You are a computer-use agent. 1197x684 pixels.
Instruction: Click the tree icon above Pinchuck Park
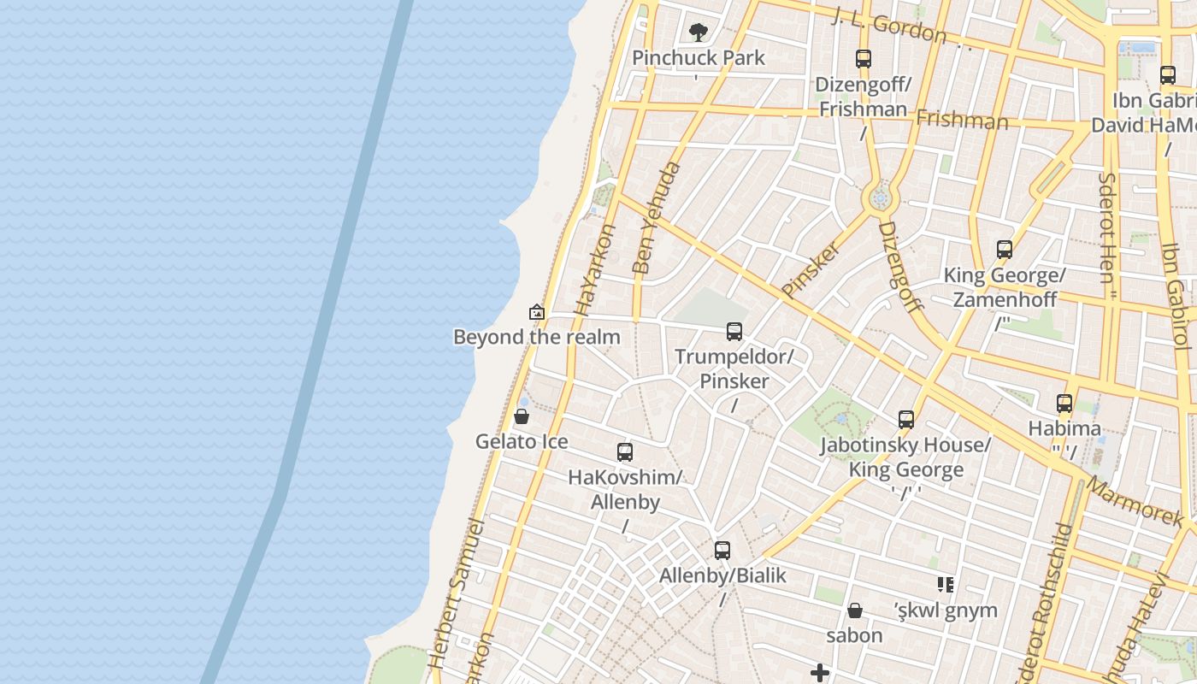pos(699,32)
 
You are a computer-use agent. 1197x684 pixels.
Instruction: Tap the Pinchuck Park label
pos(699,58)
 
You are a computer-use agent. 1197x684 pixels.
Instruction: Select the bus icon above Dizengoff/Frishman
pos(864,59)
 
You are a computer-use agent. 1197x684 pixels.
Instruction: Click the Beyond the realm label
pos(537,337)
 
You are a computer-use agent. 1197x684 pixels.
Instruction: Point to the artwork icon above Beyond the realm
pos(537,312)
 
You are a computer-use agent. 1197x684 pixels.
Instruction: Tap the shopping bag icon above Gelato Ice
pos(522,417)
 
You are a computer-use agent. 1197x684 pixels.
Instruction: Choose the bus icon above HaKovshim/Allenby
pos(625,452)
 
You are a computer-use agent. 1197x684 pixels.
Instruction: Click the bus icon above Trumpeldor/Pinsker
pos(734,332)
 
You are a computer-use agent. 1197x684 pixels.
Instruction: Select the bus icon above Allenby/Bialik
pos(722,551)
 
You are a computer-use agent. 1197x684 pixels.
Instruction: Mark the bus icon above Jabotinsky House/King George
pos(906,420)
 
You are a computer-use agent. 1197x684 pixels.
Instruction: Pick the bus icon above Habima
pos(1064,404)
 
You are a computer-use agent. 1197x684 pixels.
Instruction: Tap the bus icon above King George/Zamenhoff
pos(1005,250)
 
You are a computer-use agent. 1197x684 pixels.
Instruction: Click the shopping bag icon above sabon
pos(854,610)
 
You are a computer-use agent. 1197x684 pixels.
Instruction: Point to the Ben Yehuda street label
pos(657,217)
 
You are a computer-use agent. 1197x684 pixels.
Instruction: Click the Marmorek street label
pos(1136,501)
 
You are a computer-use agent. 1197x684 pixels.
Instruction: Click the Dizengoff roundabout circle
pos(880,199)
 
